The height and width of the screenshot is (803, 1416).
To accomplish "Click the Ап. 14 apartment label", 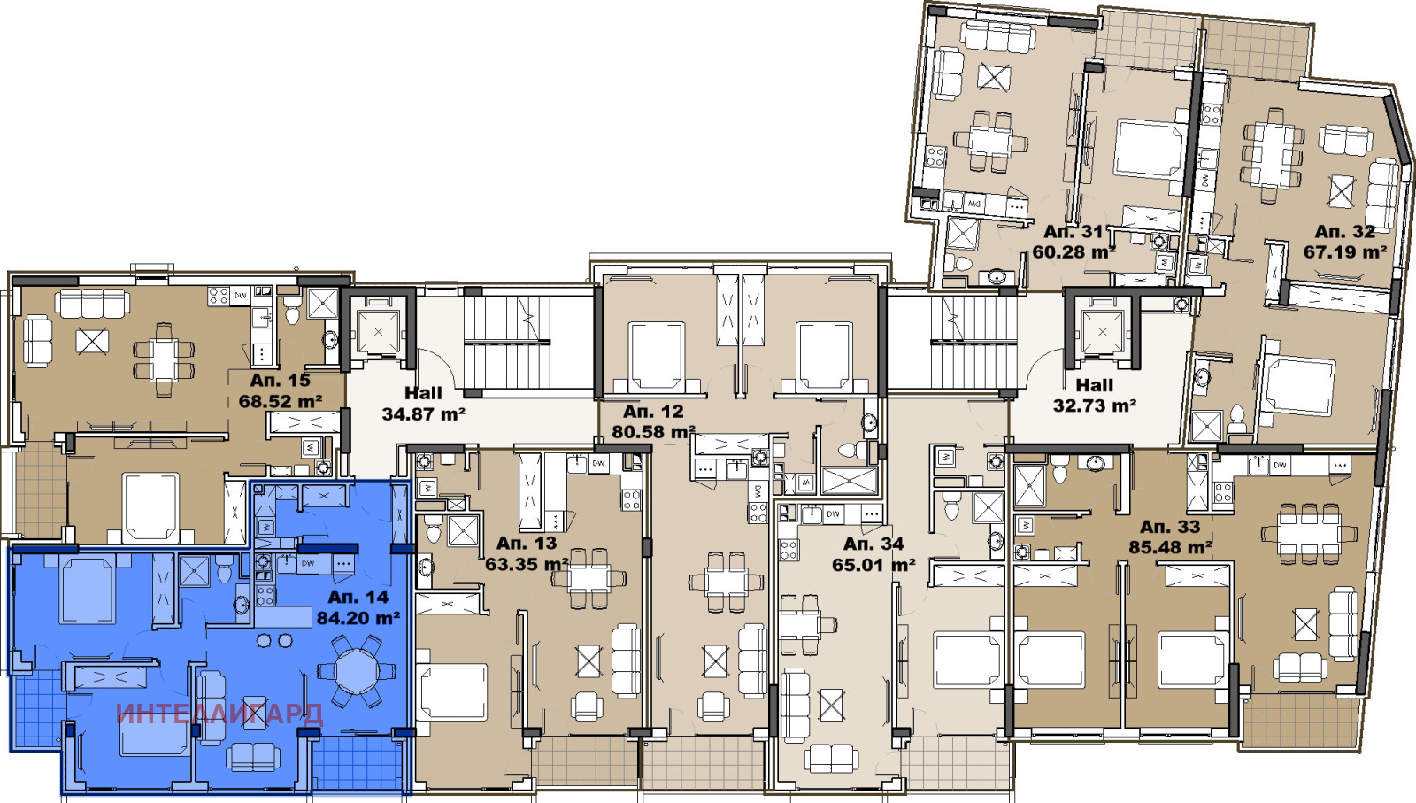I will click(358, 597).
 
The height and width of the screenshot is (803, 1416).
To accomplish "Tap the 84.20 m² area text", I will click(358, 618).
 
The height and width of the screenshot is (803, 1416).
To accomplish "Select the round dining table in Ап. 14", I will click(357, 670).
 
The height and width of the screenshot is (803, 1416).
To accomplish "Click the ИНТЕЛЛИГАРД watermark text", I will click(219, 714).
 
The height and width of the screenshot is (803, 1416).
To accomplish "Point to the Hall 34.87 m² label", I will click(423, 404).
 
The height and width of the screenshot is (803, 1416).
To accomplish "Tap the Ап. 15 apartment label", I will click(280, 381).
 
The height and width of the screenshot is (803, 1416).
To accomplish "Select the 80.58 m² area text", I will click(653, 432).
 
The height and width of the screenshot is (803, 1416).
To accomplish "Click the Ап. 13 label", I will click(527, 544).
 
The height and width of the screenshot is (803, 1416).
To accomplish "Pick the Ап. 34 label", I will click(873, 544).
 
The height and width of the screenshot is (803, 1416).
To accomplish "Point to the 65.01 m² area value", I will click(873, 565).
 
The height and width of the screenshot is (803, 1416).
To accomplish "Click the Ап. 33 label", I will click(1170, 527).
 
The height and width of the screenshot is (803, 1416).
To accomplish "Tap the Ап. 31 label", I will click(1074, 232).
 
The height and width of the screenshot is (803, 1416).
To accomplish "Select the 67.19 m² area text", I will click(1344, 252).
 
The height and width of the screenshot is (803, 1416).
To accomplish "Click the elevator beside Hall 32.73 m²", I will click(1102, 331).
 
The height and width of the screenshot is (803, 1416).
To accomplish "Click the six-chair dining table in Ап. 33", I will click(1308, 534).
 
